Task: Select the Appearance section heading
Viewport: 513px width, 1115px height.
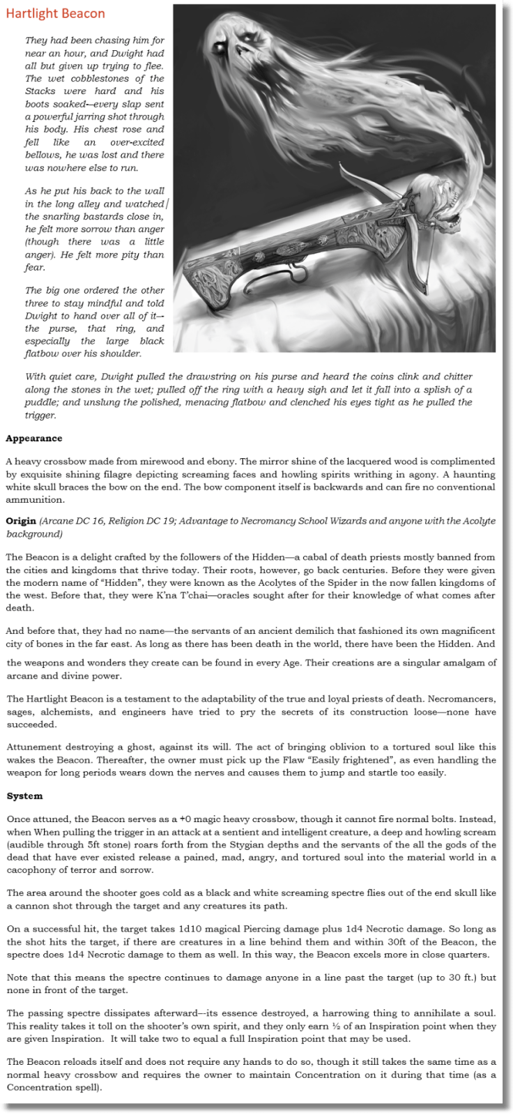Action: tap(33, 439)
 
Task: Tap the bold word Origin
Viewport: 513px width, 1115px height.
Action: tap(20, 521)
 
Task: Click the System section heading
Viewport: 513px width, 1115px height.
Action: tap(24, 796)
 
